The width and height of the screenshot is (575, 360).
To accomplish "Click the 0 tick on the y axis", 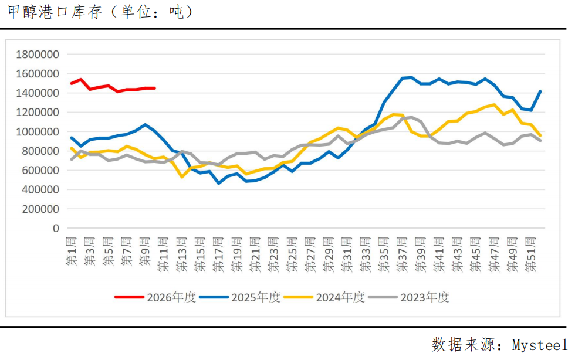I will tap(56, 228).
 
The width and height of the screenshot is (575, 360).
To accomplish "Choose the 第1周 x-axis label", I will tap(72, 251).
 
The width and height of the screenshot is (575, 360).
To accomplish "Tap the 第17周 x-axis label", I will tap(219, 253).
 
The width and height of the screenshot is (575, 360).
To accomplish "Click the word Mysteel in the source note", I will tap(539, 344).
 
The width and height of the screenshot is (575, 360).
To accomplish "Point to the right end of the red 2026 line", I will tap(154, 89).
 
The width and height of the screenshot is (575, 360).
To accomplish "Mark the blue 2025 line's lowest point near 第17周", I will tap(219, 183).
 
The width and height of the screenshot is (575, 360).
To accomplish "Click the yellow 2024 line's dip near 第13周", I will tap(182, 176).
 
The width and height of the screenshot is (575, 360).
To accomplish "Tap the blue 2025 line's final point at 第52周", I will tap(540, 91).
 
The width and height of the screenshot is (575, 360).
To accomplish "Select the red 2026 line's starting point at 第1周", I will tap(72, 83).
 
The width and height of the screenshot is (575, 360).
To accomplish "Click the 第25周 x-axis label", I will tap(292, 253).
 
